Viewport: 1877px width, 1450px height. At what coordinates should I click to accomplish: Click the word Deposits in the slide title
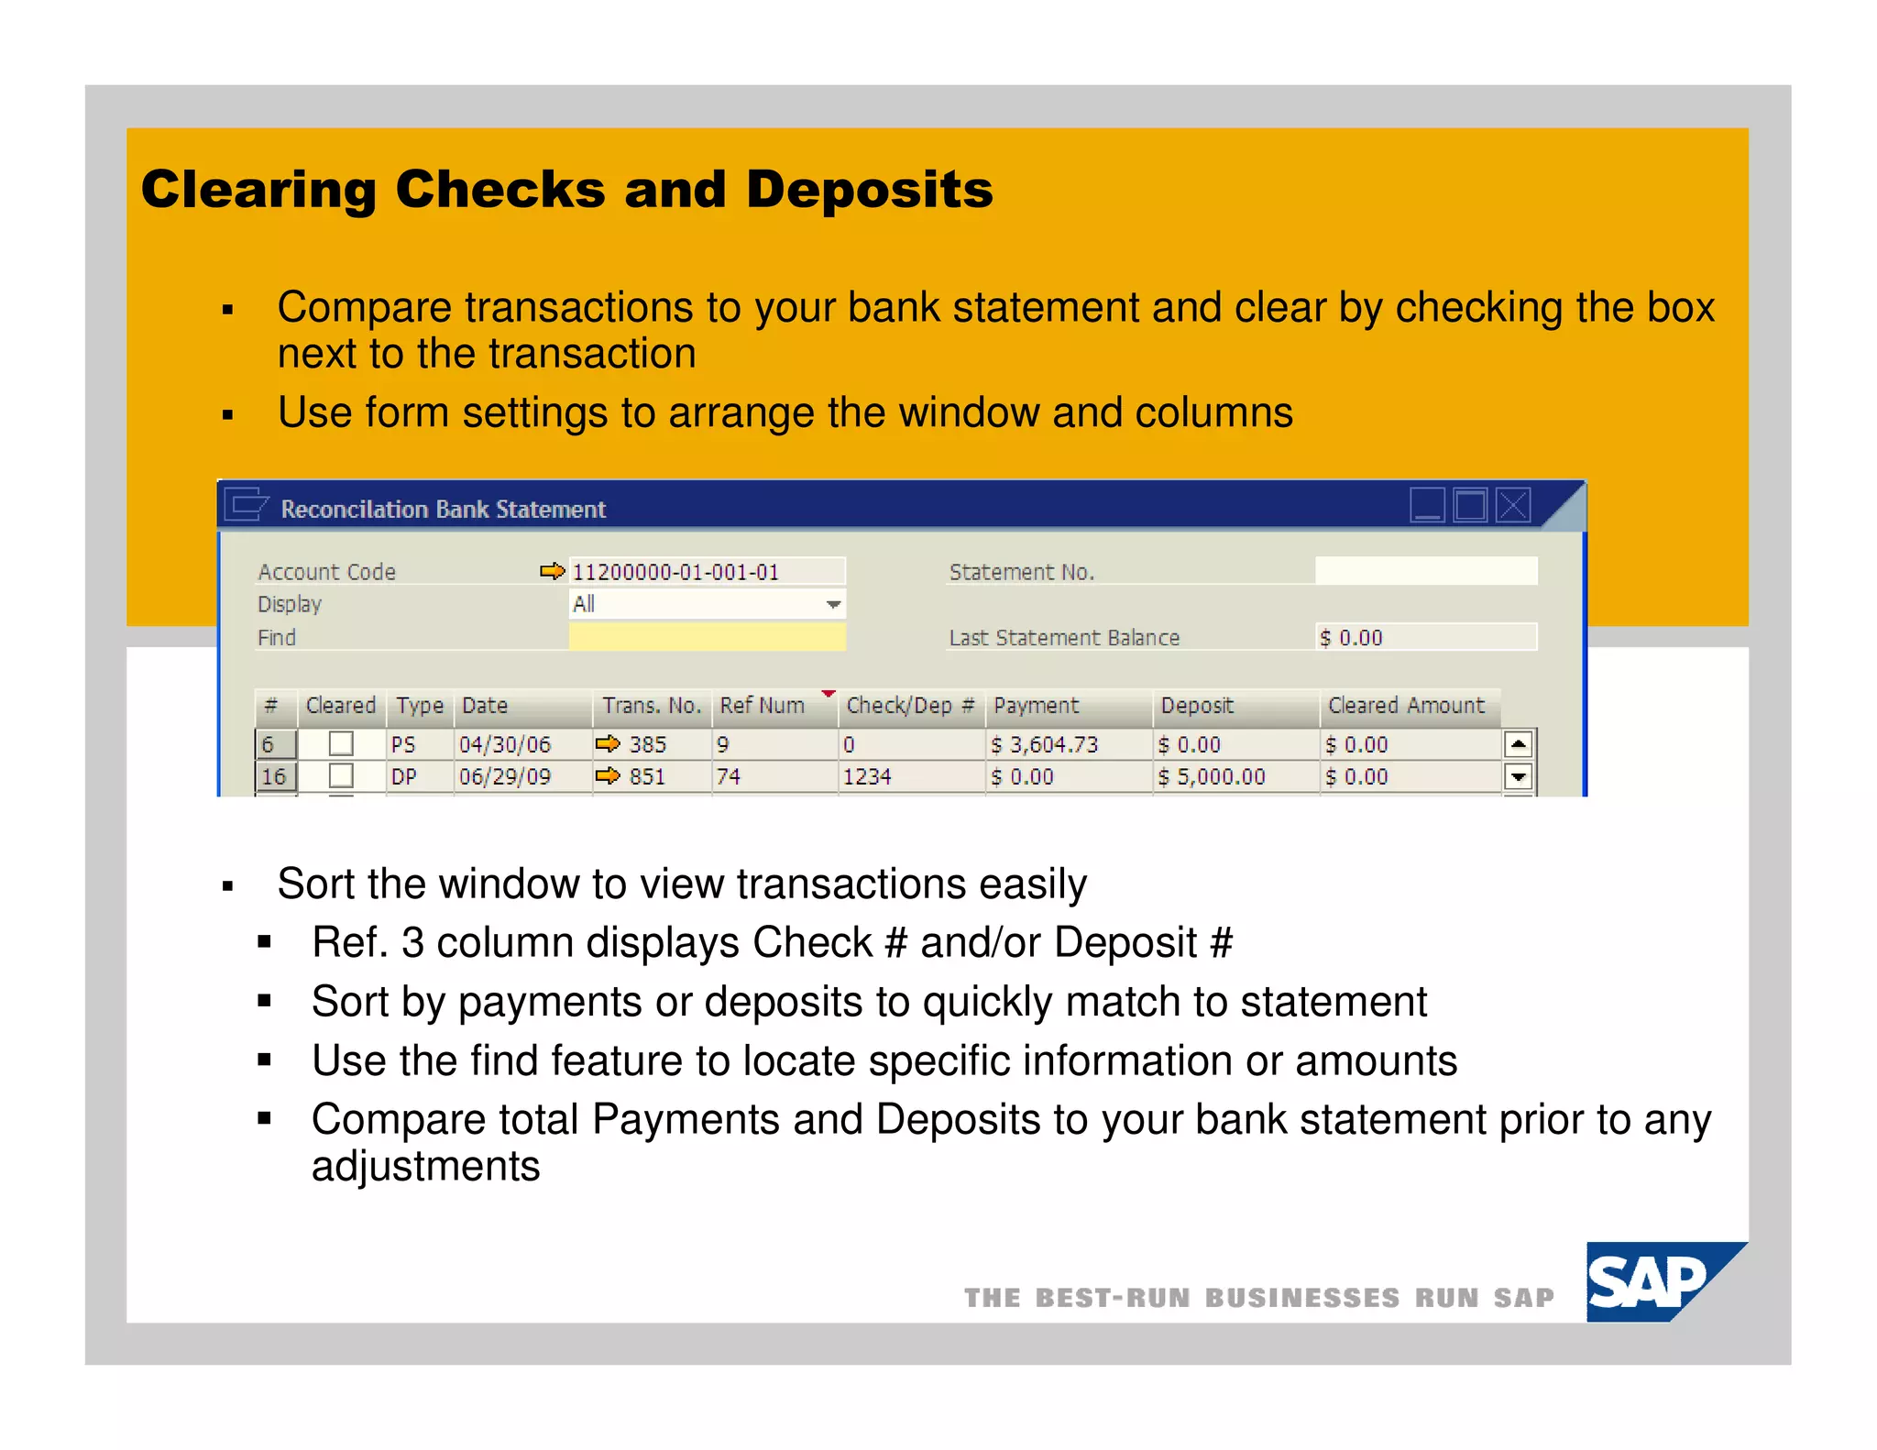(x=869, y=190)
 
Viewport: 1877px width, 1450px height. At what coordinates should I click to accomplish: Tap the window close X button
(x=1513, y=505)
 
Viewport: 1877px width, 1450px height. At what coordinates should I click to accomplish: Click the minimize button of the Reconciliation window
(x=1427, y=505)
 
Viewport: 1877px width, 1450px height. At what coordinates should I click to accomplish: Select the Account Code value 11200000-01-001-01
(x=675, y=572)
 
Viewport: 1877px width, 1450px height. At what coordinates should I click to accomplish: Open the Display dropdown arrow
(x=833, y=604)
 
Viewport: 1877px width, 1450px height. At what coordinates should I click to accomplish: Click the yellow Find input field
(x=706, y=637)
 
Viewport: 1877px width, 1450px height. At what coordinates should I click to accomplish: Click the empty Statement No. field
(x=1425, y=571)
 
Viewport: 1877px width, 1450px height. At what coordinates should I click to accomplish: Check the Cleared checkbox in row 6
(x=341, y=743)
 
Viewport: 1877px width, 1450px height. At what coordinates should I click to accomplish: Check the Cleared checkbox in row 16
(x=341, y=775)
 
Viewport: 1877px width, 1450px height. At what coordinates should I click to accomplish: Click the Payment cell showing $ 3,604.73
(x=1044, y=744)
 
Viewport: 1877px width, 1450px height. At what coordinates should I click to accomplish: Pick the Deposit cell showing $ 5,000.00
(x=1211, y=776)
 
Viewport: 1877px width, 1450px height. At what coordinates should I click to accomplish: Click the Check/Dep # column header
(x=909, y=706)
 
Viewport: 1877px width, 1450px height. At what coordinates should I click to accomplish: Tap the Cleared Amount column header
(x=1406, y=706)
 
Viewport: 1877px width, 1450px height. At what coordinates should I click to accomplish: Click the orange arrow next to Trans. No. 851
(x=608, y=776)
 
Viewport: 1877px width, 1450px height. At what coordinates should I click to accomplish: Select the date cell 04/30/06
(x=505, y=744)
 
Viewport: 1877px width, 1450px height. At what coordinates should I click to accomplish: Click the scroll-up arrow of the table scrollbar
(x=1519, y=744)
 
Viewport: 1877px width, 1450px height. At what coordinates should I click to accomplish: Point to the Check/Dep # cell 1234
(x=867, y=776)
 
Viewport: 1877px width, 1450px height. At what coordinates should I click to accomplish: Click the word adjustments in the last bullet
(x=425, y=1167)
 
